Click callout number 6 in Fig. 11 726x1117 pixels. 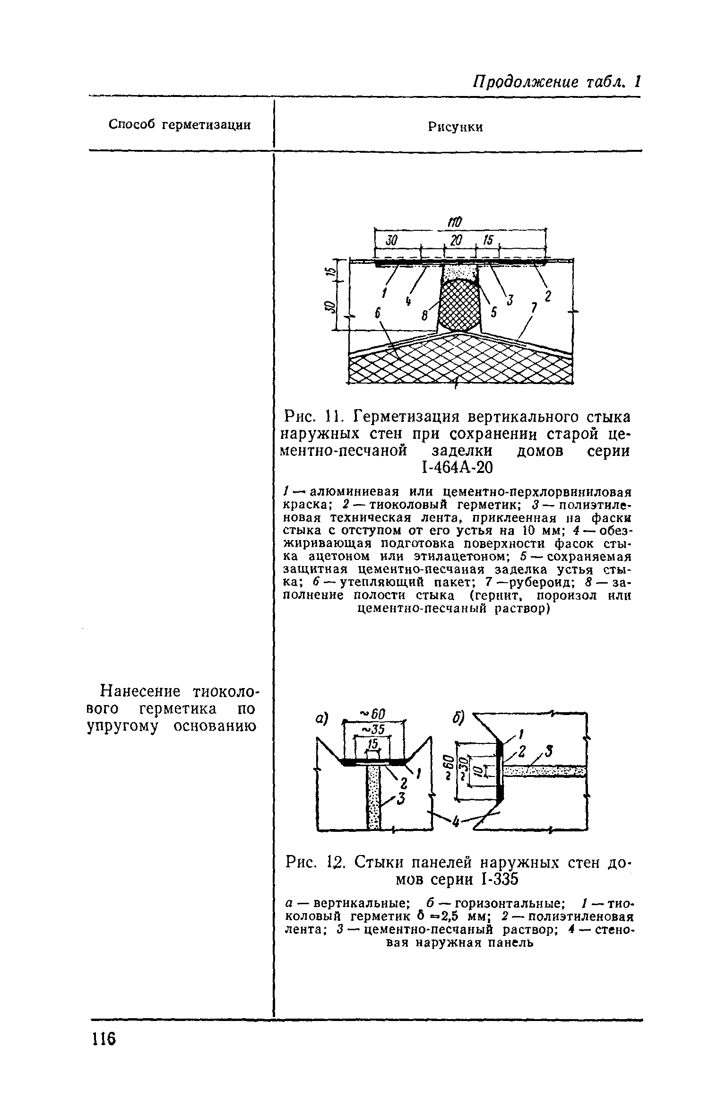pos(378,313)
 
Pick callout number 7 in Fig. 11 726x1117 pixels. pos(534,308)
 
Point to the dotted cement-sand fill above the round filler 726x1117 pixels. pos(459,272)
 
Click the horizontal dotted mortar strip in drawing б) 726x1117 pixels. pos(544,772)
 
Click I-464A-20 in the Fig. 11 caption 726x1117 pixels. pos(456,468)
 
